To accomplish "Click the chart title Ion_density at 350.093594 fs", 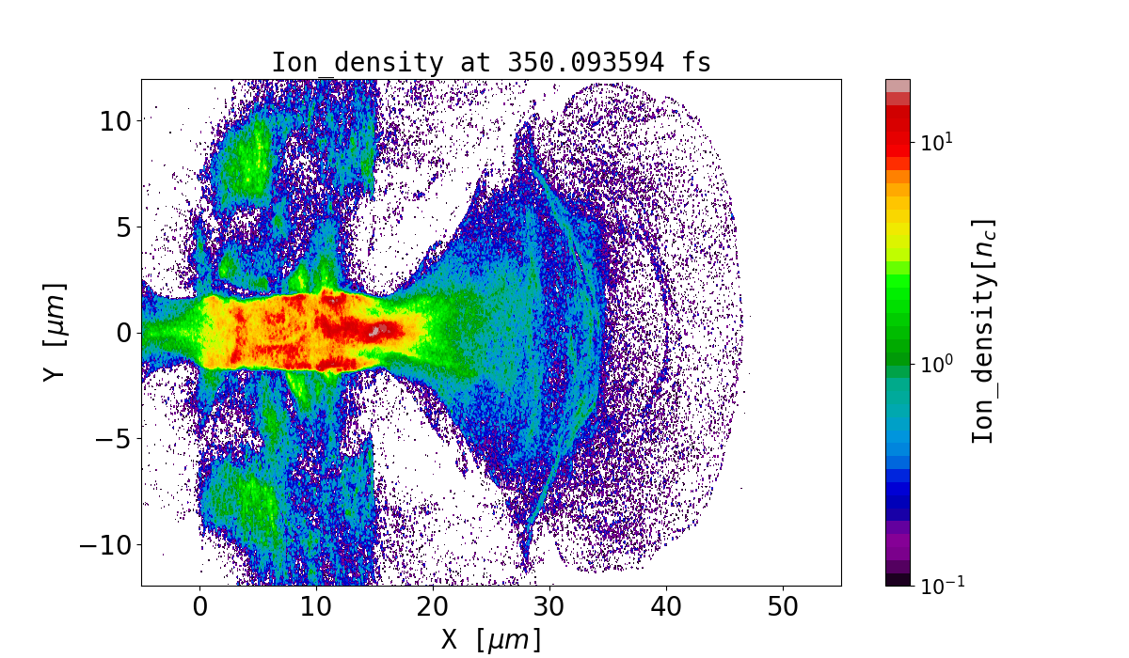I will [x=491, y=63].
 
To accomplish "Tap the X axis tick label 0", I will [x=200, y=607].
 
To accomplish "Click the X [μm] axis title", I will [x=491, y=640].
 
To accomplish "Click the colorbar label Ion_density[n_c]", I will [x=983, y=332].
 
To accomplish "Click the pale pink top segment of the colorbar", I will [x=898, y=85].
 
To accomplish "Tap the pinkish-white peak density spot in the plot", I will [x=379, y=331].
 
